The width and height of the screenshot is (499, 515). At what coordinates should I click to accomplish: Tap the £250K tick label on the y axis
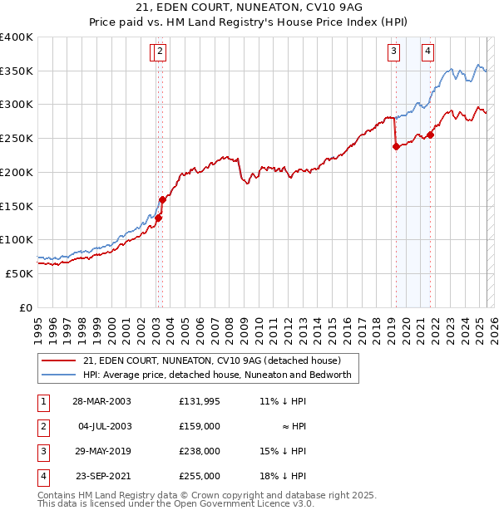pyautogui.click(x=17, y=139)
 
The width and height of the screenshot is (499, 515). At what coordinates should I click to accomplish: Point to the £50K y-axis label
pyautogui.click(x=19, y=273)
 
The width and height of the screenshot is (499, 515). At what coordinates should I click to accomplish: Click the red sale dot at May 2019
pyautogui.click(x=395, y=147)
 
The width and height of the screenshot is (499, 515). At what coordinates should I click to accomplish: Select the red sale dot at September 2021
pyautogui.click(x=430, y=135)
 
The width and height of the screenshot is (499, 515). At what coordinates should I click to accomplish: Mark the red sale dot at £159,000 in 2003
pyautogui.click(x=162, y=200)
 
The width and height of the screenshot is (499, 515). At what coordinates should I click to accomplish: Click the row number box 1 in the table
pyautogui.click(x=42, y=401)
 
